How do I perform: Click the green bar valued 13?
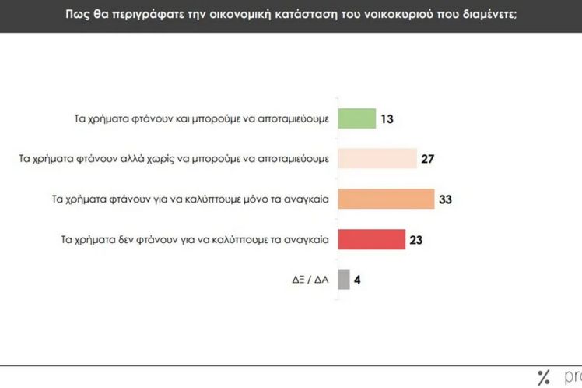[x=356, y=119]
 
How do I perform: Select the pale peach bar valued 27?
[x=377, y=160]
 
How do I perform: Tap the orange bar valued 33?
[x=385, y=199]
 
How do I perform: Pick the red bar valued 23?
[x=371, y=239]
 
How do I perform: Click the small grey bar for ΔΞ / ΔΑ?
[x=343, y=280]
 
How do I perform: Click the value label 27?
[x=428, y=160]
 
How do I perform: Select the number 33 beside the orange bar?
[x=445, y=199]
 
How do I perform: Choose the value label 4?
[x=359, y=280]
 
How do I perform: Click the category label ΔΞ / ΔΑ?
[x=309, y=280]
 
